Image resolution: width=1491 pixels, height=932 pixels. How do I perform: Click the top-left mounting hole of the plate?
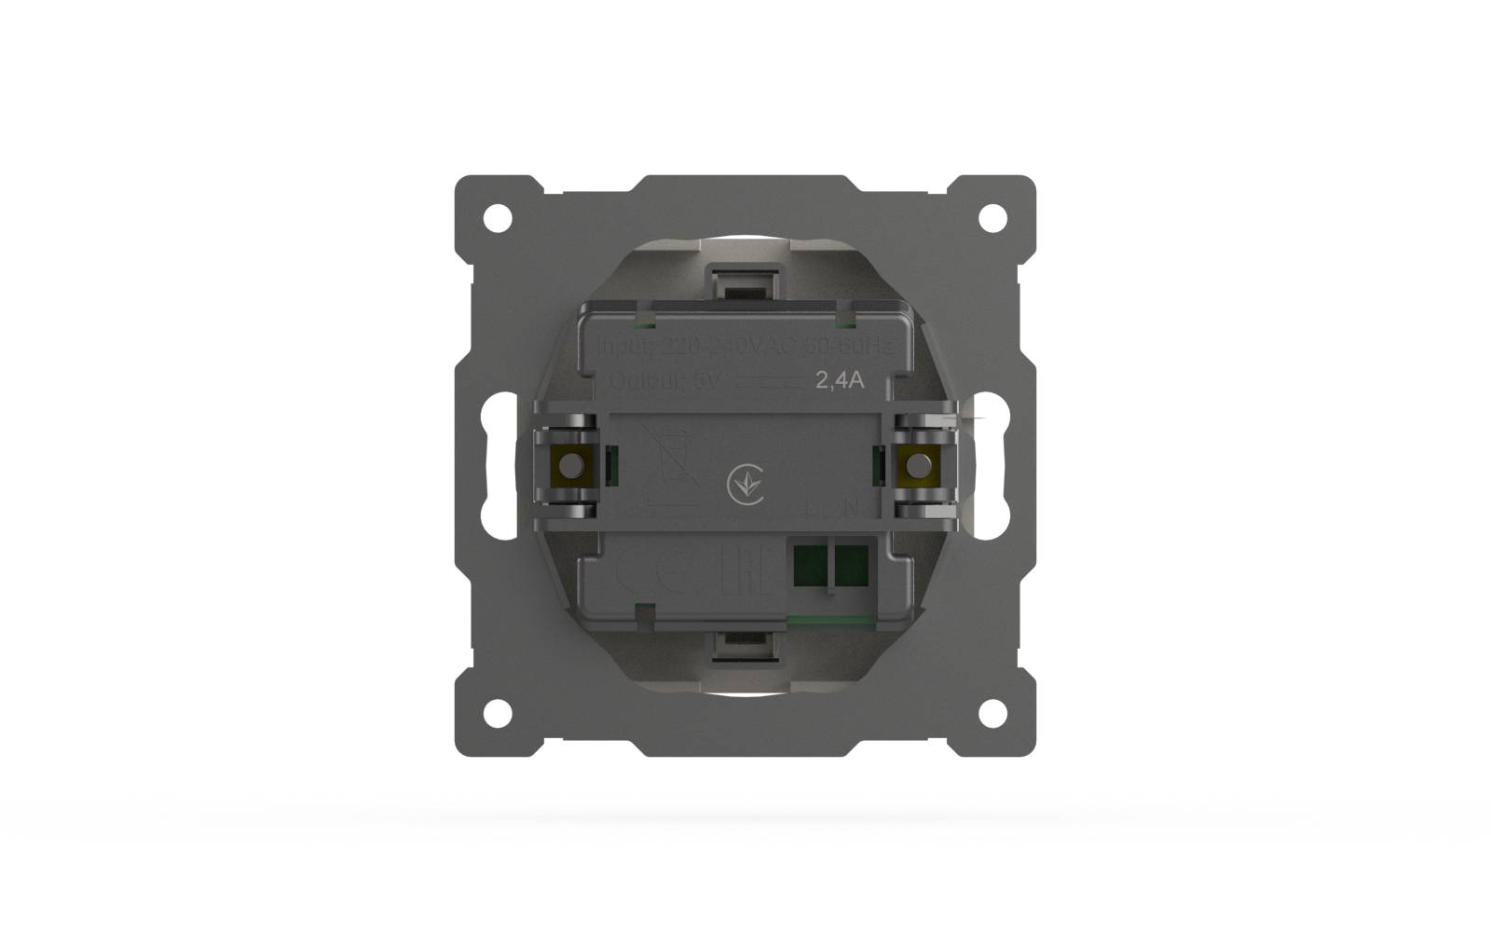coord(499,218)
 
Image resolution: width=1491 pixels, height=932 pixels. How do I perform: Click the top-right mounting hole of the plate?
coord(992,218)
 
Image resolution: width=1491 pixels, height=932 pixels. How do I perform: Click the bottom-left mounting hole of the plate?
coord(499,713)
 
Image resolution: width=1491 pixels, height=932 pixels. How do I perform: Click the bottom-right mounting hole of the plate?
coord(992,713)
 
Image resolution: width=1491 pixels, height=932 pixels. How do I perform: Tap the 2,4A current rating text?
coord(840,380)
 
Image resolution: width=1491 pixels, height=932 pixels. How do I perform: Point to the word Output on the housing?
coord(643,381)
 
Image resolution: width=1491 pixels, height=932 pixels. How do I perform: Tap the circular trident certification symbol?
coord(745,485)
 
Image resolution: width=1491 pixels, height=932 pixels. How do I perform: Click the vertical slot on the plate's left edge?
coord(500,466)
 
